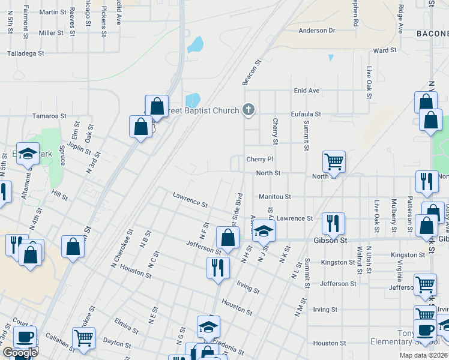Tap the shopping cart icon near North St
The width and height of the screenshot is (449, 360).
click(334, 161)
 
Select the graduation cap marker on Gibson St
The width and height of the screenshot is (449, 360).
click(262, 230)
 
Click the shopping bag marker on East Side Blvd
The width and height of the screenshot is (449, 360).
click(228, 238)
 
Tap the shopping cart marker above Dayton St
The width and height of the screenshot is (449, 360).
click(83, 337)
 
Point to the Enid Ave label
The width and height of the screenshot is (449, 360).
click(307, 91)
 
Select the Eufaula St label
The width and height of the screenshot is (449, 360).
click(306, 113)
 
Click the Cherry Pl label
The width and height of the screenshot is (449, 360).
click(260, 159)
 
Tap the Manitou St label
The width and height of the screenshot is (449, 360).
click(274, 196)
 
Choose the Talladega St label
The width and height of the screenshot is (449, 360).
click(26, 53)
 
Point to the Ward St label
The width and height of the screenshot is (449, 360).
click(385, 51)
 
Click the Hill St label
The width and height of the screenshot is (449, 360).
click(60, 196)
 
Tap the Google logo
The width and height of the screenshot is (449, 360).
click(19, 353)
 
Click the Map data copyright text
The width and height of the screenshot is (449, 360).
click(423, 355)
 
